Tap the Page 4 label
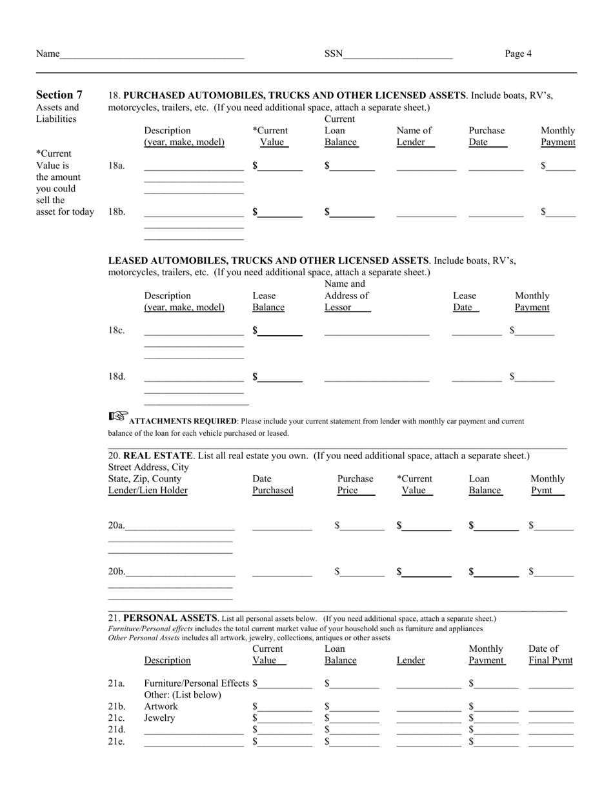click(x=518, y=54)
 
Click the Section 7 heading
click(x=59, y=95)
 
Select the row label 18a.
click(x=116, y=166)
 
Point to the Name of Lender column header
click(x=414, y=136)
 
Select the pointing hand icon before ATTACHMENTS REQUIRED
click(x=118, y=416)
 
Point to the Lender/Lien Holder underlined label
click(x=148, y=491)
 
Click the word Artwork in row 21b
click(x=161, y=707)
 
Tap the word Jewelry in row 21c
click(x=159, y=718)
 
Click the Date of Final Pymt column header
click(x=550, y=654)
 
